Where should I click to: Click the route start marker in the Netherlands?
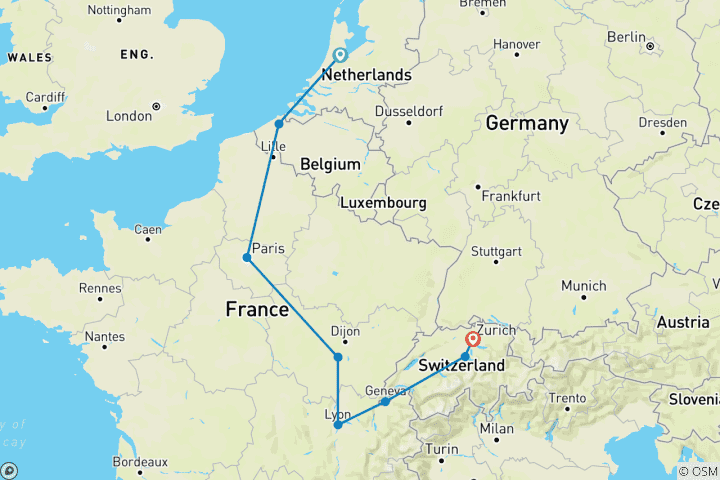[x=339, y=56]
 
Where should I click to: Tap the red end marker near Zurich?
[x=473, y=339]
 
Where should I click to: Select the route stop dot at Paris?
[x=246, y=258]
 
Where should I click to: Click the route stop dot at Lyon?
[x=338, y=425]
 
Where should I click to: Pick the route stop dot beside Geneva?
[x=385, y=402]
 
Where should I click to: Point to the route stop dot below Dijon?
[x=338, y=357]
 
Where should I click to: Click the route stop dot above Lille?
[x=279, y=124]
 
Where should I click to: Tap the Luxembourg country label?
[x=383, y=203]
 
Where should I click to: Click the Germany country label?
[x=526, y=123]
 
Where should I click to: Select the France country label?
[x=257, y=310]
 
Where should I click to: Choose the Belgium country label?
[x=330, y=163]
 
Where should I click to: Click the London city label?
[x=128, y=116]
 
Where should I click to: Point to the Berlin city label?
[x=626, y=37]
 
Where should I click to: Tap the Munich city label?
[x=583, y=286]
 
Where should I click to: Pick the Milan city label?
[x=496, y=429]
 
